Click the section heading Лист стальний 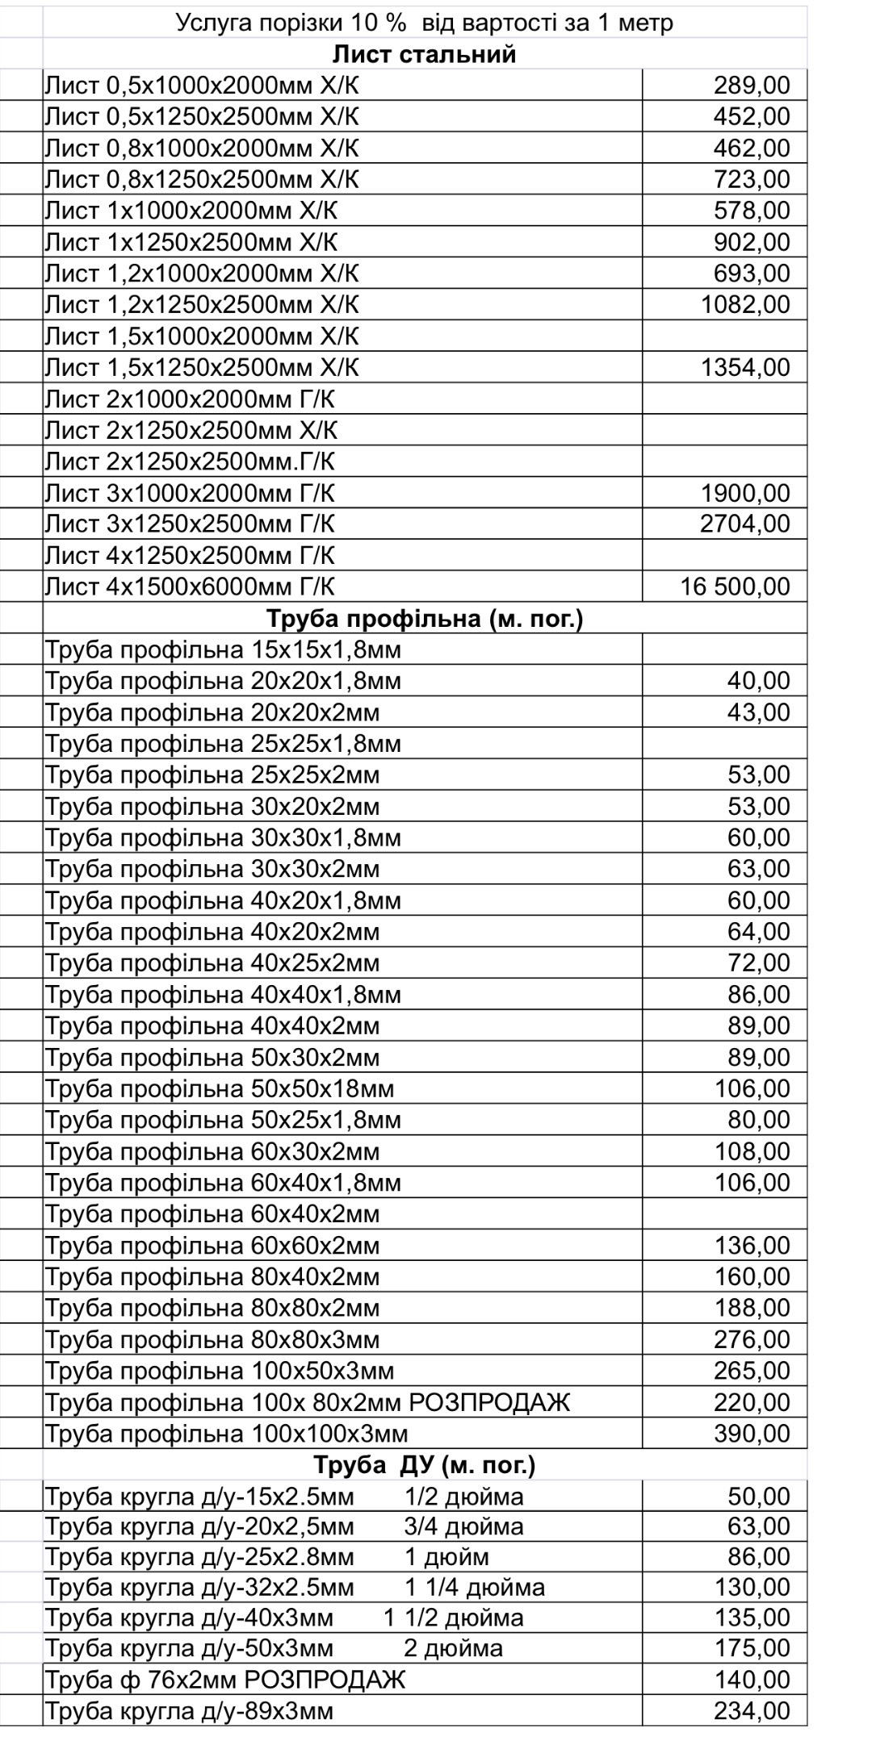click(x=424, y=54)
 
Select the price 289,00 click(x=751, y=86)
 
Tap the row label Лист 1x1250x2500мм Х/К click(x=191, y=242)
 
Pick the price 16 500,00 click(x=735, y=587)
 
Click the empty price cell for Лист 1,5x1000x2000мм click(x=724, y=336)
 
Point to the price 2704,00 click(x=744, y=524)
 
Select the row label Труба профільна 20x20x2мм click(x=212, y=712)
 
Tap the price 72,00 click(x=758, y=962)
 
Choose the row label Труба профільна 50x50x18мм click(x=220, y=1088)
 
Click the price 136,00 click(x=752, y=1245)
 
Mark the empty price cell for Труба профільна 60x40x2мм click(x=724, y=1214)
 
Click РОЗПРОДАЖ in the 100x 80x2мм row click(x=489, y=1402)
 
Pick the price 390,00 click(x=752, y=1434)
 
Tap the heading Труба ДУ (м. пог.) click(x=424, y=1464)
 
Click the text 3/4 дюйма click(x=463, y=1526)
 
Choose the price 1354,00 click(x=744, y=367)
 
